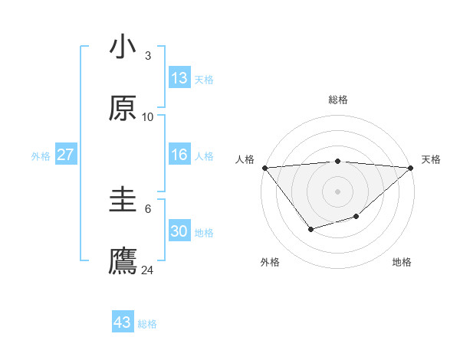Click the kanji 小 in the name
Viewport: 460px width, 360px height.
tap(123, 47)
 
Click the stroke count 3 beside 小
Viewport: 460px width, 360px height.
tap(147, 56)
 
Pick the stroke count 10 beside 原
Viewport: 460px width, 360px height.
tap(147, 116)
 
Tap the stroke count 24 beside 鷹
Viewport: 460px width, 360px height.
tap(147, 270)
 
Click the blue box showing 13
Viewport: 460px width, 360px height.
tap(179, 78)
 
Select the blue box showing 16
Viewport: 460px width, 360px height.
tap(179, 155)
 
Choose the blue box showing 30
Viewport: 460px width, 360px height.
tap(179, 231)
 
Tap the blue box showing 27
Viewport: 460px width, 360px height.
tap(66, 155)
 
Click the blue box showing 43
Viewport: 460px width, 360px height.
tap(123, 322)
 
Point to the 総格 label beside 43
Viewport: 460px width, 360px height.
tap(147, 324)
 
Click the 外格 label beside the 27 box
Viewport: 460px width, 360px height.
tap(41, 156)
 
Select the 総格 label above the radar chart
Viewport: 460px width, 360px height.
tap(338, 100)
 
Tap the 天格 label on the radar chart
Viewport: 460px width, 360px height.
tap(431, 159)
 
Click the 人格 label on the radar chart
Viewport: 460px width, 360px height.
tap(245, 159)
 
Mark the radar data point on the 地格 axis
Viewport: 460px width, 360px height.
tap(356, 217)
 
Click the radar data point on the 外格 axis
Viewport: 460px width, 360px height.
tap(310, 229)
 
